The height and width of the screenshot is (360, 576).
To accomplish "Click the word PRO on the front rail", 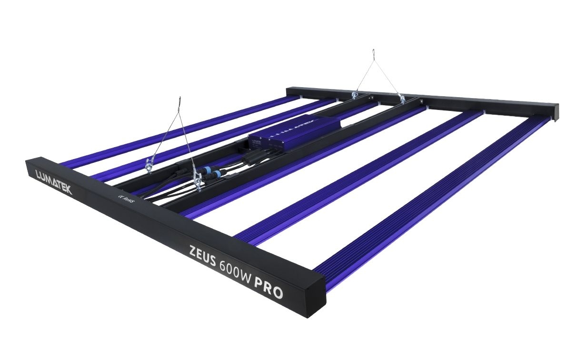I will click(268, 287).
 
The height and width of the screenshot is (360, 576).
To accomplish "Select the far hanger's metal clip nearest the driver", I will click(354, 96).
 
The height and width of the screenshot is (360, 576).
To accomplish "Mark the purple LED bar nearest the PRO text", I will click(428, 200).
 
